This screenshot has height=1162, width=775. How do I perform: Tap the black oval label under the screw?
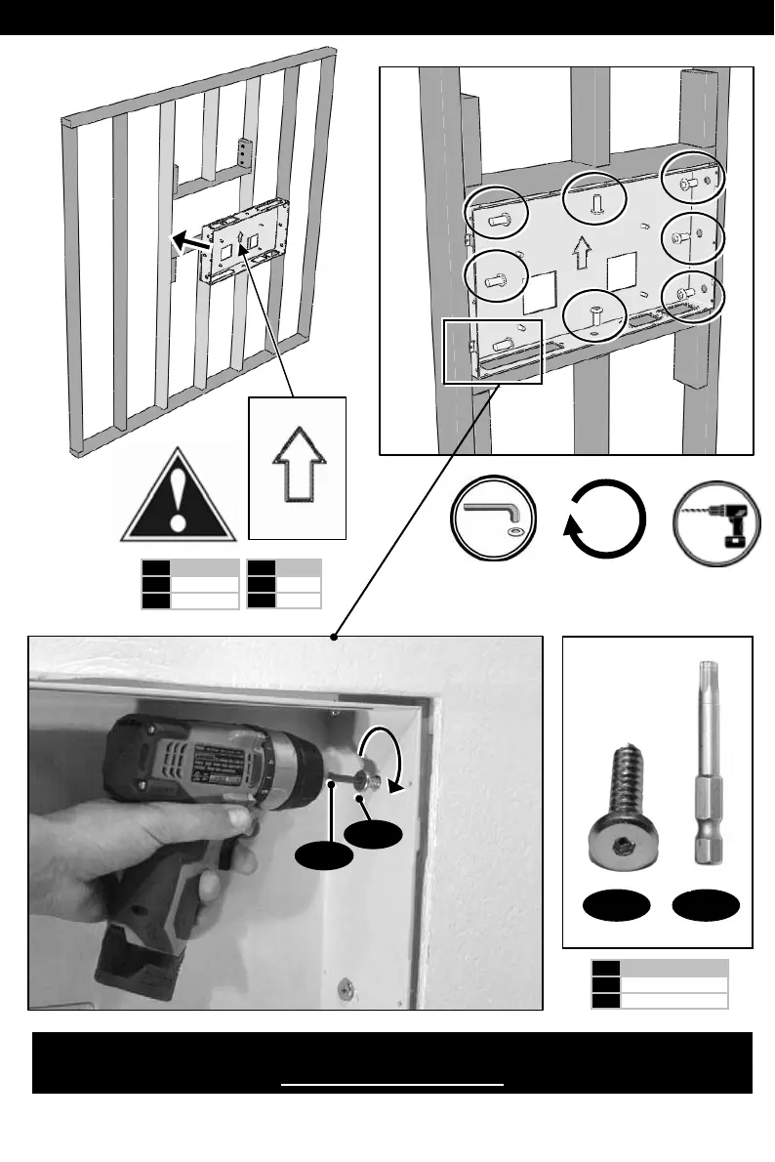point(615,906)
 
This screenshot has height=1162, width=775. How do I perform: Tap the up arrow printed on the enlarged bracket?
point(583,253)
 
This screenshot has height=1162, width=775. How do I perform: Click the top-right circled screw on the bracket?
point(692,182)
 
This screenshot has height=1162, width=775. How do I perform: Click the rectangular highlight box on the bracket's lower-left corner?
point(492,351)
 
